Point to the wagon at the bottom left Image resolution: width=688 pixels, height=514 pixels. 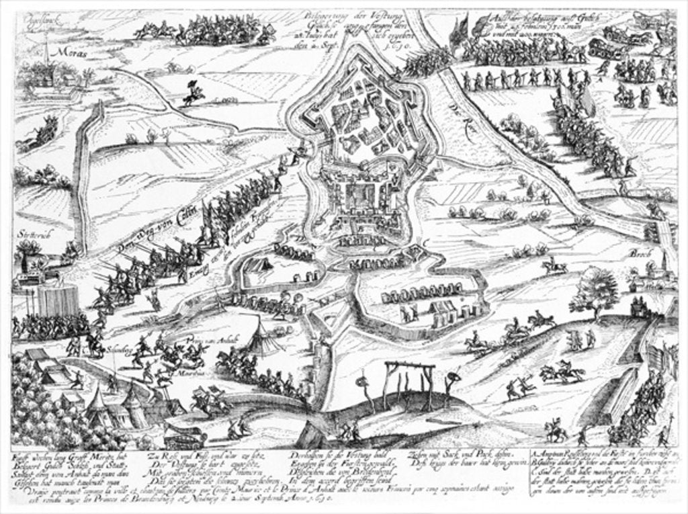(184, 437)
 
